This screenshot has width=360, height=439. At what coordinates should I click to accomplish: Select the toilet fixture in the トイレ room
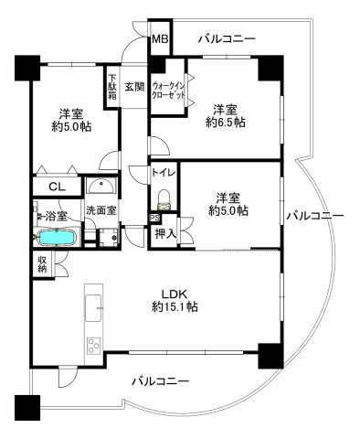pos(164,198)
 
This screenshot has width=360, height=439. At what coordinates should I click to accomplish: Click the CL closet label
pos(57,187)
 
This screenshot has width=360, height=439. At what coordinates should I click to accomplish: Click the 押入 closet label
pos(166,235)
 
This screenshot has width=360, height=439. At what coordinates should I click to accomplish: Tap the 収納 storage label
pos(42,264)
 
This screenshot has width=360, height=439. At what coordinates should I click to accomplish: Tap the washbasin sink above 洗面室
pos(100,188)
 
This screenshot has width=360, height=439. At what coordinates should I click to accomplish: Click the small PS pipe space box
pos(154,218)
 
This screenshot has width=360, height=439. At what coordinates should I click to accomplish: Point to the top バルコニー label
pos(226,38)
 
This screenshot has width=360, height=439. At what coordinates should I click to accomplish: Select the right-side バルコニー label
pos(312,216)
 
